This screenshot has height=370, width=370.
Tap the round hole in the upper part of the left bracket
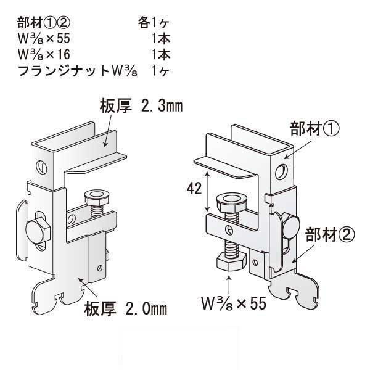point(42,165)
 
